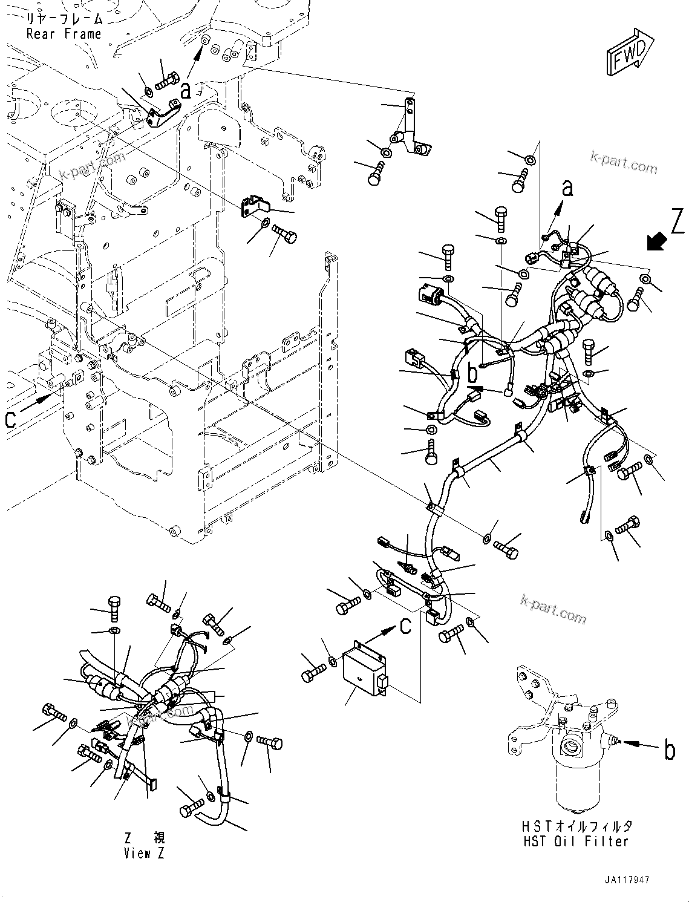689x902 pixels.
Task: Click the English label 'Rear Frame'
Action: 64,34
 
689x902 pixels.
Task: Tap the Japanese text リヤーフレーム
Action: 64,19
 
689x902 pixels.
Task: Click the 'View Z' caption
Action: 144,854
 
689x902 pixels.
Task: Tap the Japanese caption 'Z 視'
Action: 144,838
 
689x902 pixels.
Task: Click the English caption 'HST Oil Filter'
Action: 576,841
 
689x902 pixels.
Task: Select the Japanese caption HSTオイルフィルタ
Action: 576,826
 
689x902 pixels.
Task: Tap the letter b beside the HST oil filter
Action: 670,750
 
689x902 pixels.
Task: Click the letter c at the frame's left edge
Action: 10,419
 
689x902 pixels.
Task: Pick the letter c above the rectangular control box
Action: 405,626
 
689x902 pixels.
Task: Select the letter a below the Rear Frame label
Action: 186,91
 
